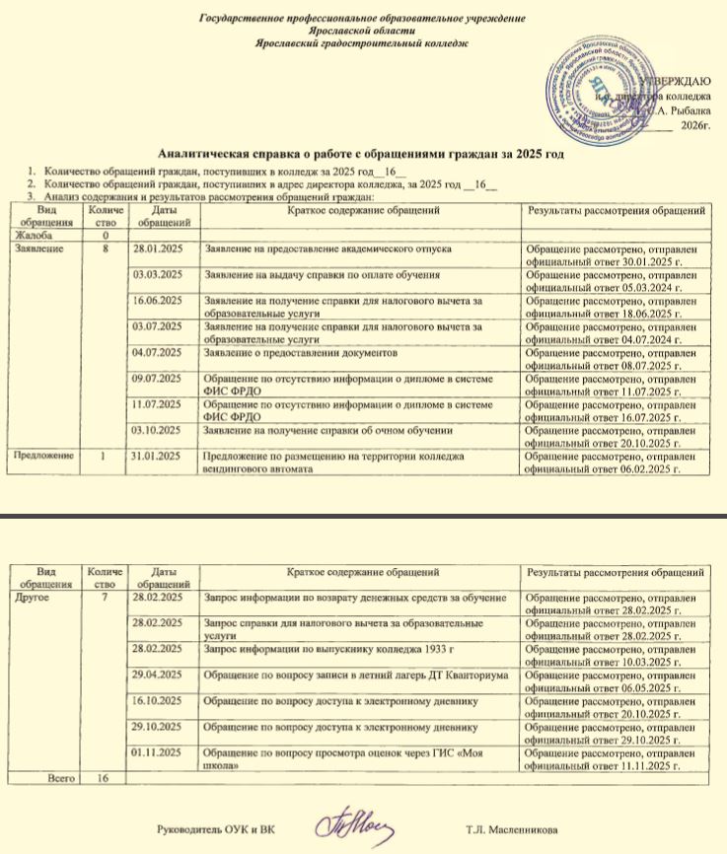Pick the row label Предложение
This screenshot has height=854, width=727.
click(x=40, y=456)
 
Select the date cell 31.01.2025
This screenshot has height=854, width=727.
click(x=160, y=456)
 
